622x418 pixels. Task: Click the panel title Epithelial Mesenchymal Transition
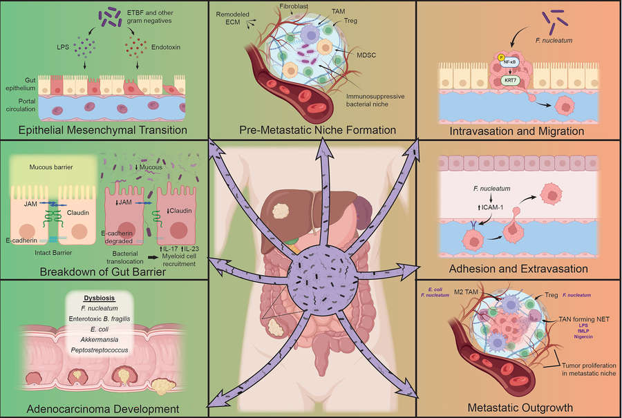point(104,130)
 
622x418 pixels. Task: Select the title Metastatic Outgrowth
point(519,408)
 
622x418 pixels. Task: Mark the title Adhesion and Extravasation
point(518,268)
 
